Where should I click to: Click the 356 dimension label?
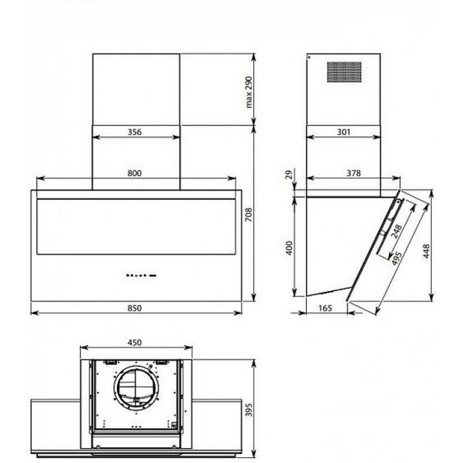[x=135, y=132]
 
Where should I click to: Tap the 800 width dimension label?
[x=135, y=173]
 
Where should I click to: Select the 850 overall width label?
[x=135, y=308]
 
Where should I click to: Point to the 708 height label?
[x=249, y=215]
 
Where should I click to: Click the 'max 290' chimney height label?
[x=249, y=92]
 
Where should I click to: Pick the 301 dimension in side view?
[x=344, y=132]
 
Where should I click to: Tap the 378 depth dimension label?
[x=354, y=173]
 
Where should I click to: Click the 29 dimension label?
[x=290, y=175]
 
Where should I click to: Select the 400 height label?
[x=290, y=248]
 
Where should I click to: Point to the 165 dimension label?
[x=325, y=308]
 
